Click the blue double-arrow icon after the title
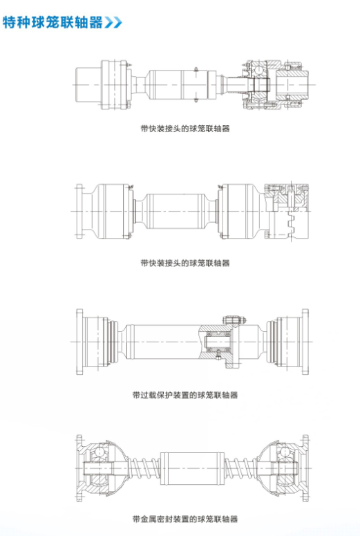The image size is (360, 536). point(113,23)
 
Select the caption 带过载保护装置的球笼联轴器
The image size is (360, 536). point(184,395)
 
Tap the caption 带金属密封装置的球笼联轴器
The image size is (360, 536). point(184,519)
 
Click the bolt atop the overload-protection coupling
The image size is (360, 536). point(234,319)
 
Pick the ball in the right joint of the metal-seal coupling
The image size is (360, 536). point(283,452)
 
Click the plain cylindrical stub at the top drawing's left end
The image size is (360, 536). point(87,84)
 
